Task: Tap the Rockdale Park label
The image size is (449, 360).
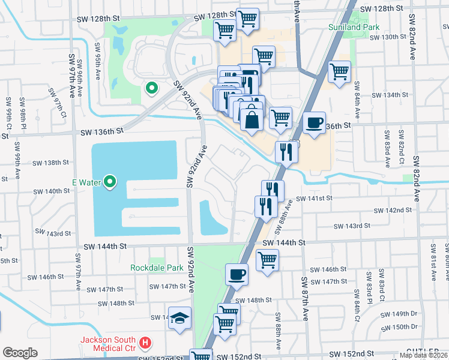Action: pyautogui.click(x=157, y=268)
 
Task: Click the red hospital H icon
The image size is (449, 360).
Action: pyautogui.click(x=145, y=344)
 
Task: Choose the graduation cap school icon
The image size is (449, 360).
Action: pyautogui.click(x=179, y=318)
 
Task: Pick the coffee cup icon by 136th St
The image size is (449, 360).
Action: pyautogui.click(x=314, y=122)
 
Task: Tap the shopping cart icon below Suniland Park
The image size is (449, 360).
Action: pyautogui.click(x=339, y=71)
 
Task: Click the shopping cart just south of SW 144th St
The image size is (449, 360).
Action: pyautogui.click(x=267, y=260)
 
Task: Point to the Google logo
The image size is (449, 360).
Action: pyautogui.click(x=20, y=353)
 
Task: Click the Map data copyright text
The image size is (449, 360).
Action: pyautogui.click(x=424, y=355)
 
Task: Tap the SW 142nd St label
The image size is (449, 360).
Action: pyautogui.click(x=393, y=211)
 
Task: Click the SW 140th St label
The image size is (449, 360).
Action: pyautogui.click(x=52, y=191)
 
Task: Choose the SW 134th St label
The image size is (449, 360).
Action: pyautogui.click(x=390, y=95)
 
